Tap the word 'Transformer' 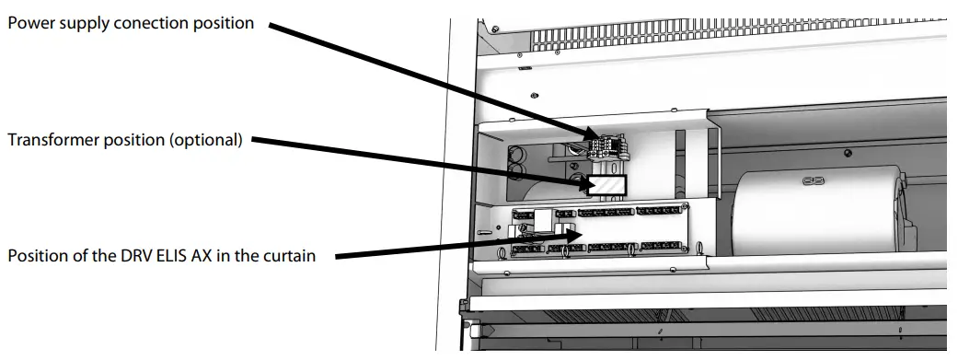[52, 141]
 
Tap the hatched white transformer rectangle [607, 184]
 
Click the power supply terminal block [608, 146]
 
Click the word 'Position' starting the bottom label [34, 255]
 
